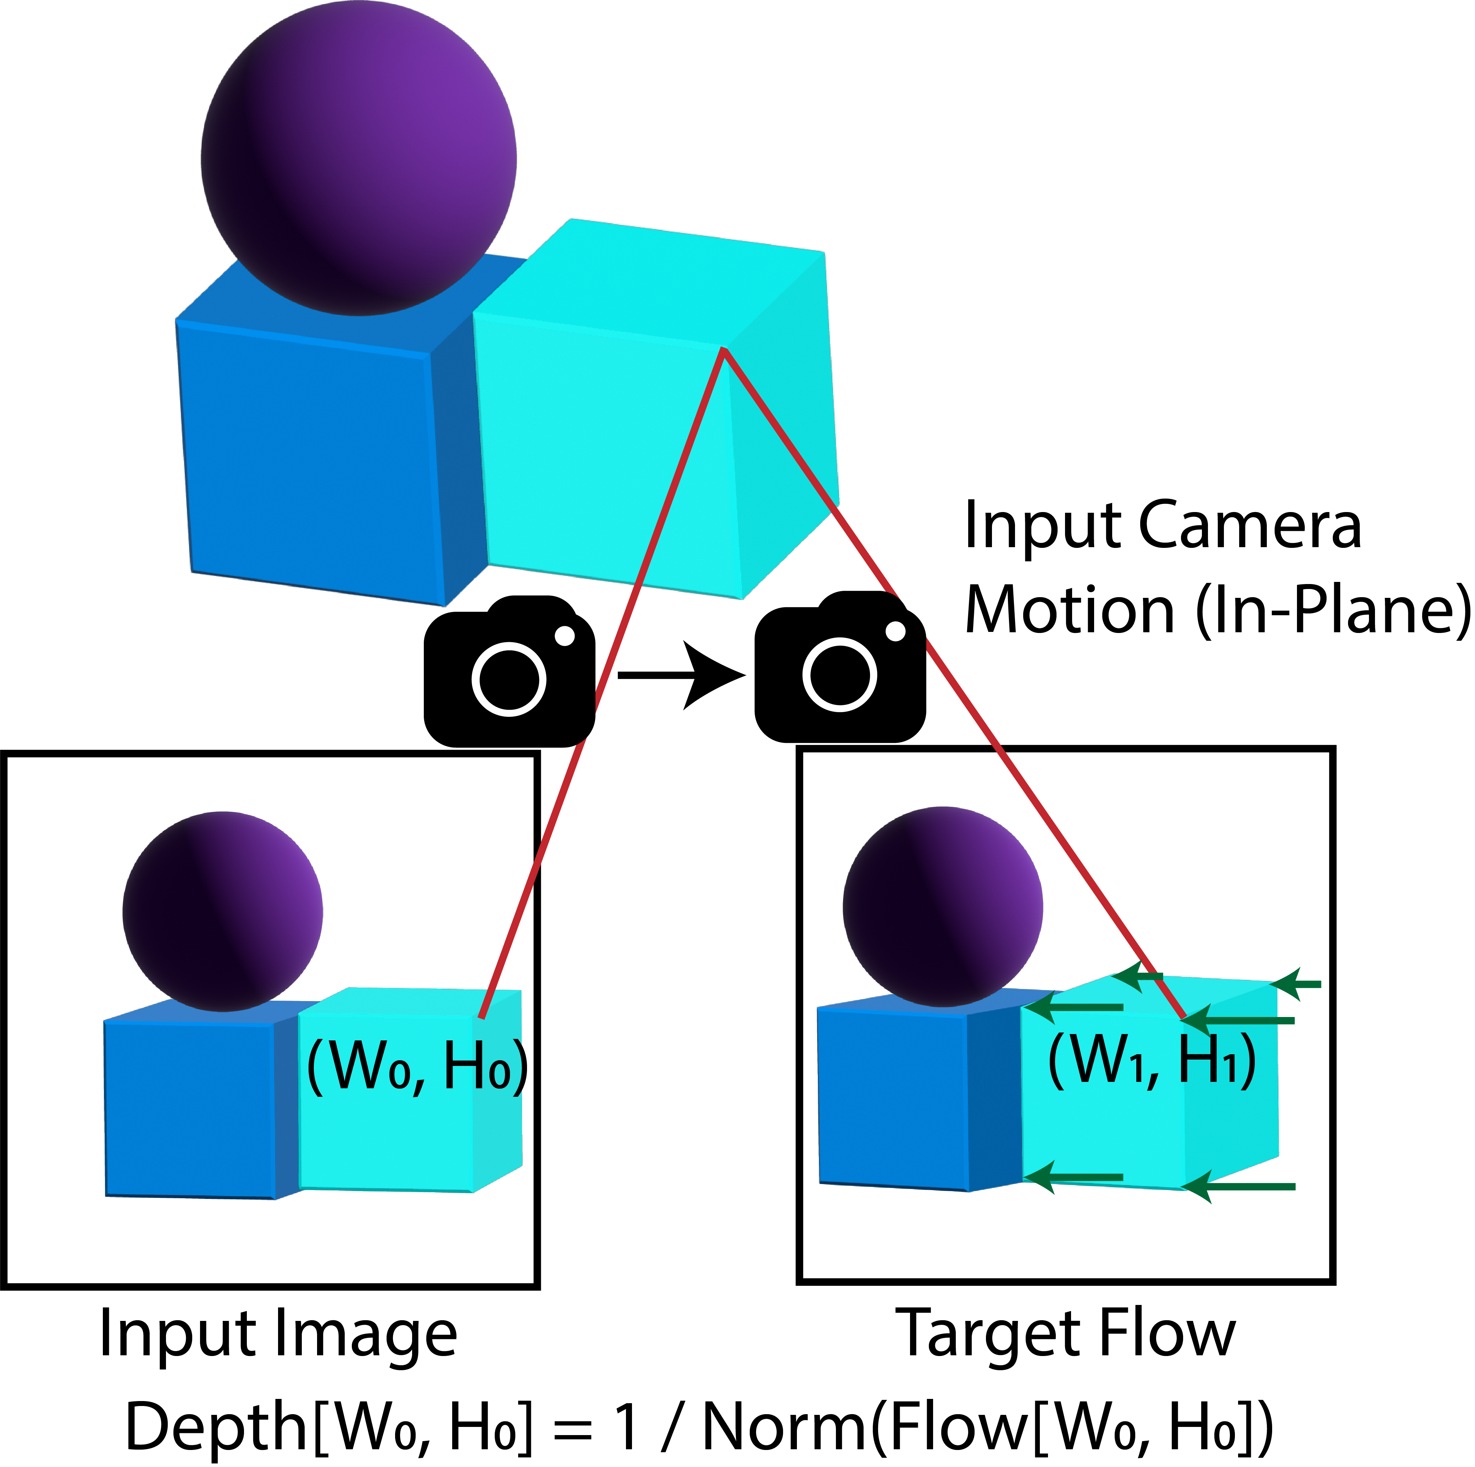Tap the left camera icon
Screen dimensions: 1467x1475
pyautogui.click(x=509, y=672)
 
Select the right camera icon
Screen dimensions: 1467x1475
pyautogui.click(x=840, y=668)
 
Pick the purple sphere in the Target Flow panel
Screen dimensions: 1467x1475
pyautogui.click(x=943, y=906)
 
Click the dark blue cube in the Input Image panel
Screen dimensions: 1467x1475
pyautogui.click(x=189, y=1107)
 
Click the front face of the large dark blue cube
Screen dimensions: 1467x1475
pyautogui.click(x=309, y=466)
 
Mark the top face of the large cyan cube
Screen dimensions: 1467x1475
pyautogui.click(x=649, y=282)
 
